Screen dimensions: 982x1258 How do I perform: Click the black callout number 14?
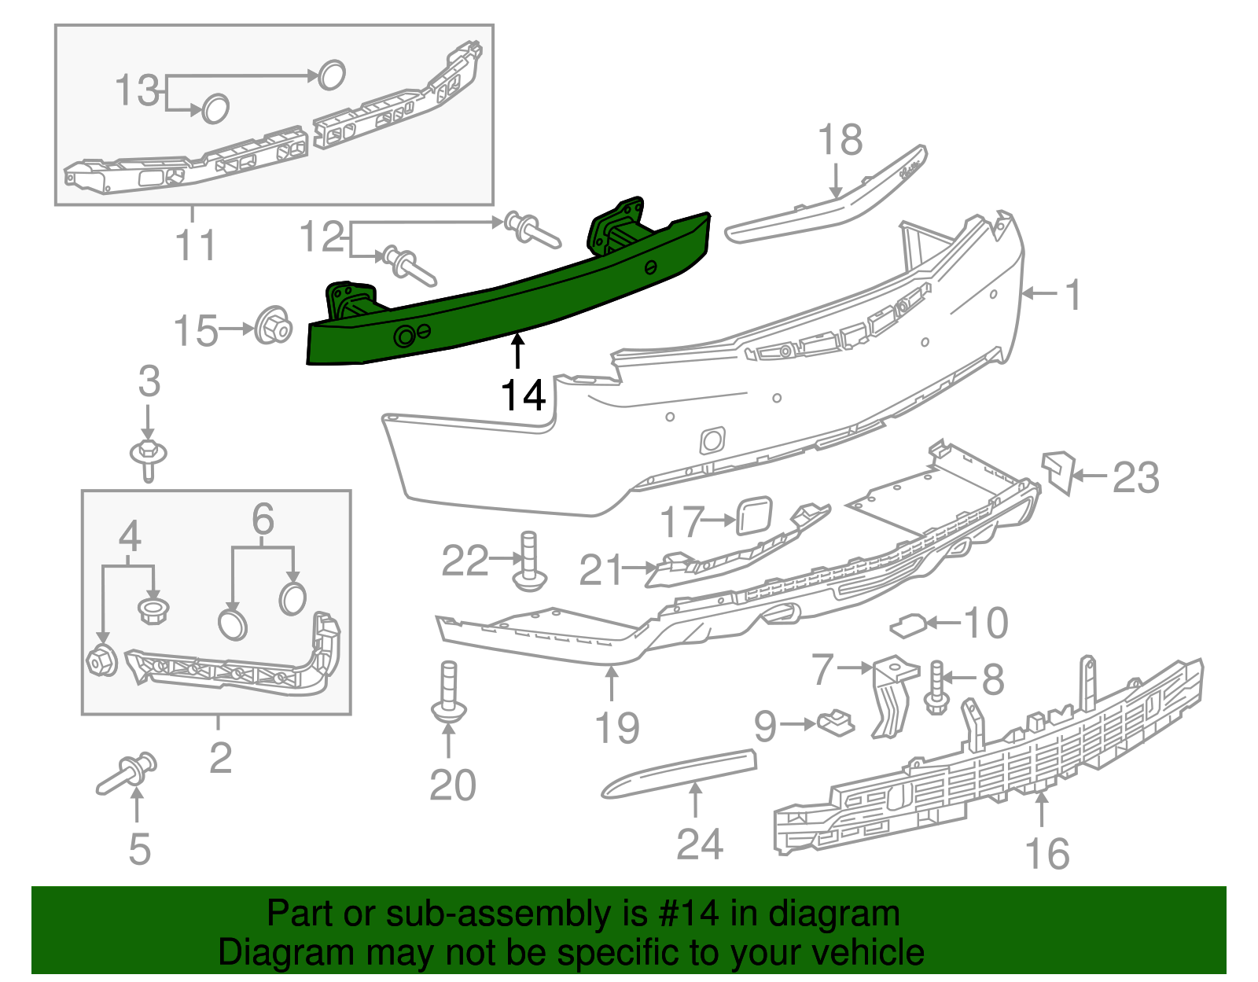click(523, 395)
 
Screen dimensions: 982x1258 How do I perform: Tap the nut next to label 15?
click(273, 325)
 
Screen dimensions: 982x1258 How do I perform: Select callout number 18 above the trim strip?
click(840, 141)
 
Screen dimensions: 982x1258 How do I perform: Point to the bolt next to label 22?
click(529, 562)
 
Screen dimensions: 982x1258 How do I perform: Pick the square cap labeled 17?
click(754, 517)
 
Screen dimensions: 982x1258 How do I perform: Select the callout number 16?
click(1047, 854)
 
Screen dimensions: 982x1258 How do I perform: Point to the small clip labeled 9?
click(836, 722)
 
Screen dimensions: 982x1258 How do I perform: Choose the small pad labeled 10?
click(908, 626)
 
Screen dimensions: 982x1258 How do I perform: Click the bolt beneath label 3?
click(148, 459)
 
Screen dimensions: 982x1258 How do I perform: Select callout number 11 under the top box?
click(195, 245)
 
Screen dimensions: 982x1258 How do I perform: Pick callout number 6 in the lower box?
click(263, 519)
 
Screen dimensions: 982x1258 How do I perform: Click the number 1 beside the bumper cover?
click(1072, 295)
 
